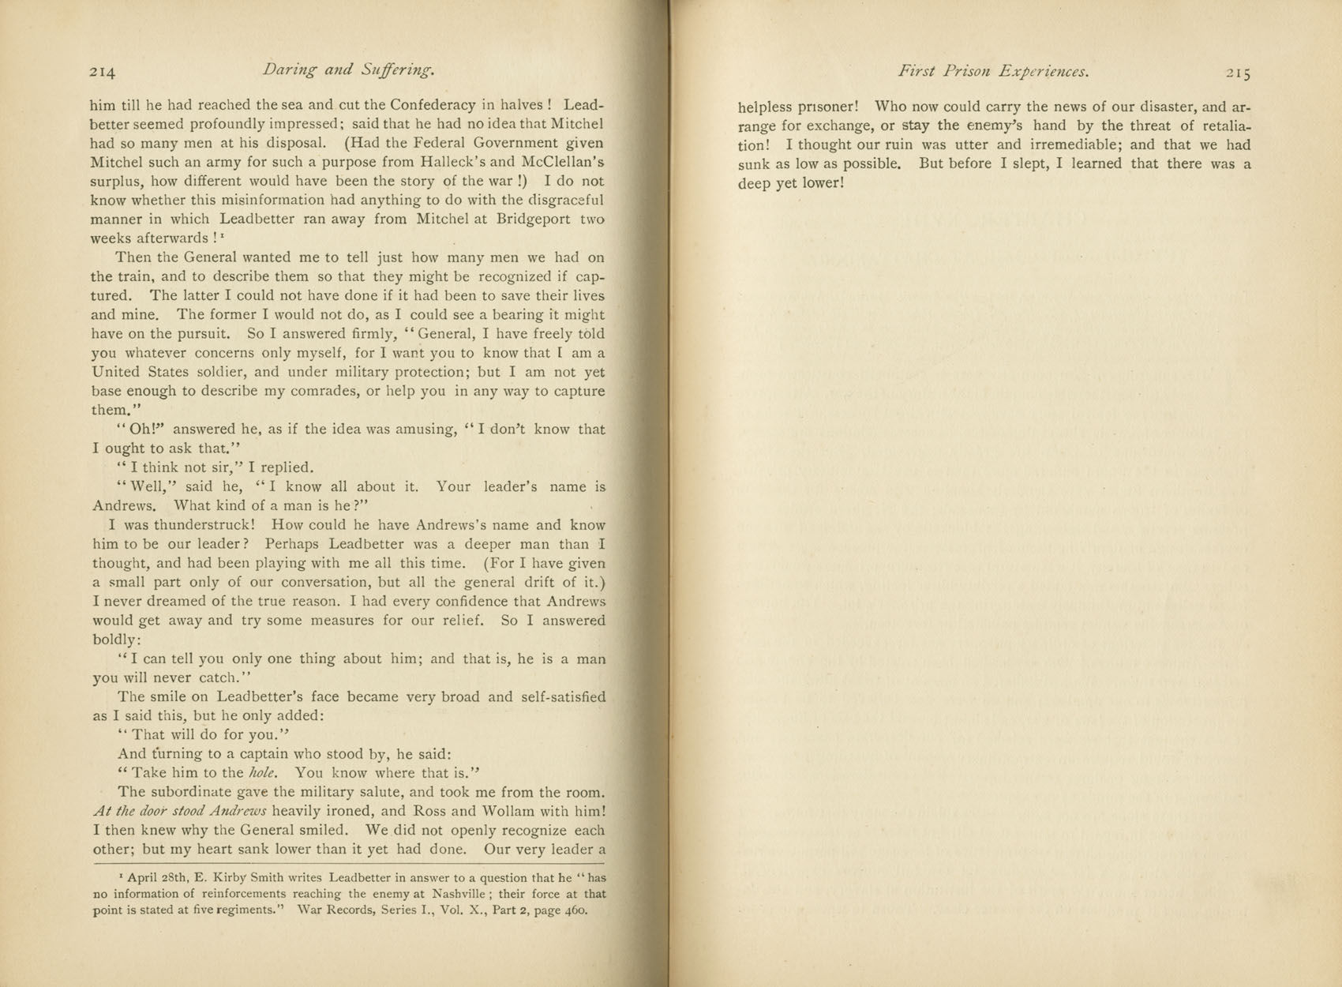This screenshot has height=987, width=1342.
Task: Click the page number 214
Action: click(103, 72)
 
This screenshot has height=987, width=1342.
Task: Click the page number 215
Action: click(1238, 73)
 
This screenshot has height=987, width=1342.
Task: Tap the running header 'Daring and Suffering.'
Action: click(348, 70)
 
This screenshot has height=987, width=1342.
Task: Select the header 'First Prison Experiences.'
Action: click(993, 71)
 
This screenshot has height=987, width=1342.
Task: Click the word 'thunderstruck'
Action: click(203, 525)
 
